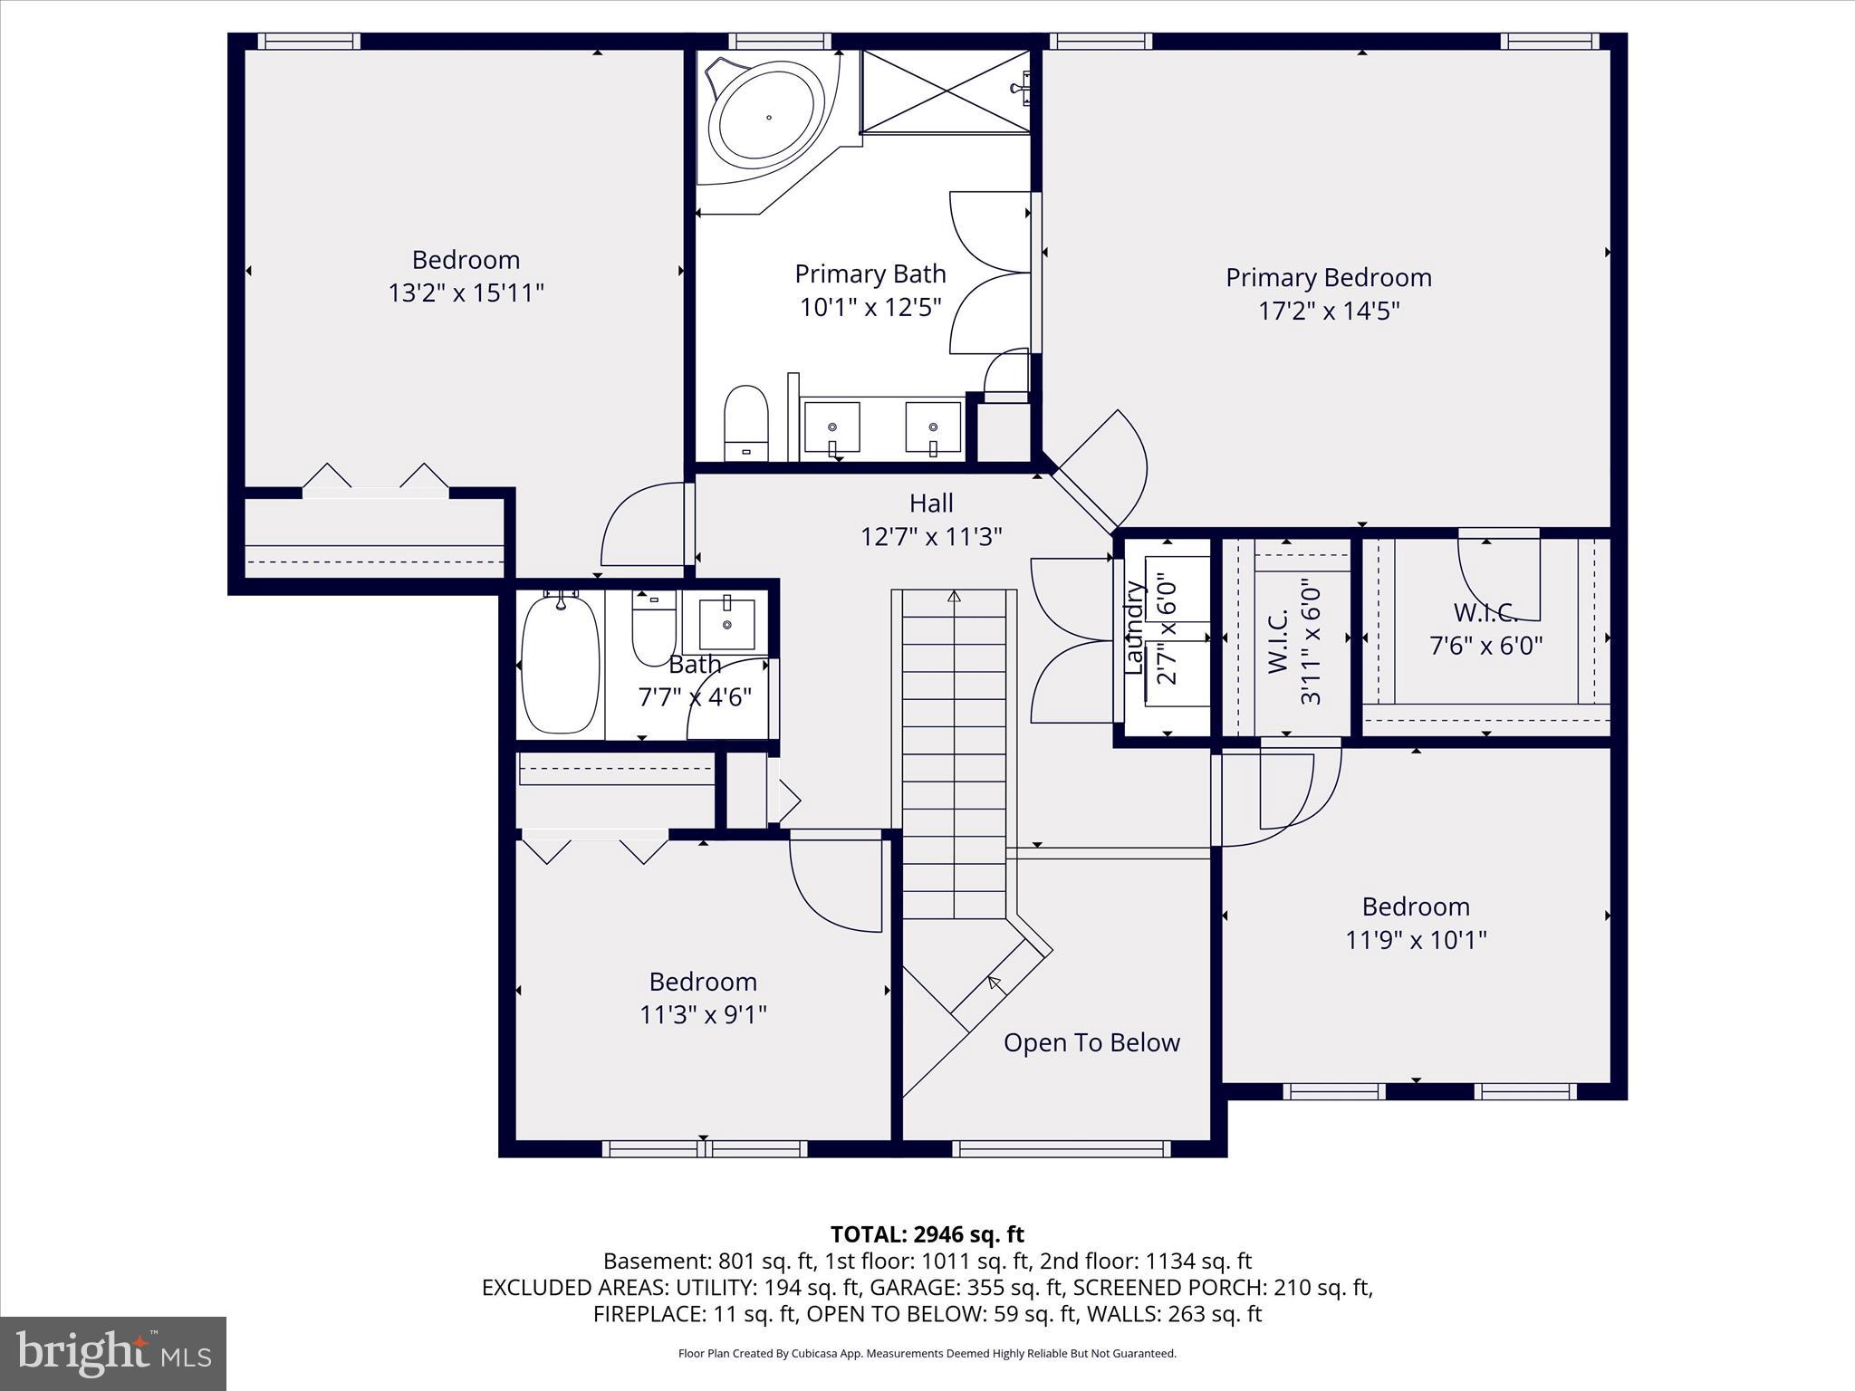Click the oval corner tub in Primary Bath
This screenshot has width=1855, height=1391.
coord(767,117)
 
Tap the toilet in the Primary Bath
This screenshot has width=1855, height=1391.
coord(746,422)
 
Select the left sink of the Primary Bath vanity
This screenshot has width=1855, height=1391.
coord(832,427)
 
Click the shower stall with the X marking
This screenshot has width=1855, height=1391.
coord(945,91)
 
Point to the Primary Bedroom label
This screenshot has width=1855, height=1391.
coord(1328,277)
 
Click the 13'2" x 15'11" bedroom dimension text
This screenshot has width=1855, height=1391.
coord(466,293)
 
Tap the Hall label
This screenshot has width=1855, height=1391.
coord(931,503)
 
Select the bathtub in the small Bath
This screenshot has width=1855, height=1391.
coord(560,663)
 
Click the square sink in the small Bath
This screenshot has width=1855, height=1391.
coord(726,624)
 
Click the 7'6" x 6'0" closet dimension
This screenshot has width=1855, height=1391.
coord(1485,646)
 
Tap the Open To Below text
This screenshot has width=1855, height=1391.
coord(1091,1042)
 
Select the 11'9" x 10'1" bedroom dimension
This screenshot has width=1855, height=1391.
coord(1416,940)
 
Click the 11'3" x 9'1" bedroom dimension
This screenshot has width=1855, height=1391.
coord(703,1014)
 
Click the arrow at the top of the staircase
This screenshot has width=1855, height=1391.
coord(953,596)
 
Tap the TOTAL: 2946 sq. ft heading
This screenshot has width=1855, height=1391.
coord(927,1234)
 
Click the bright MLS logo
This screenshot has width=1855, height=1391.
coord(113,1353)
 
